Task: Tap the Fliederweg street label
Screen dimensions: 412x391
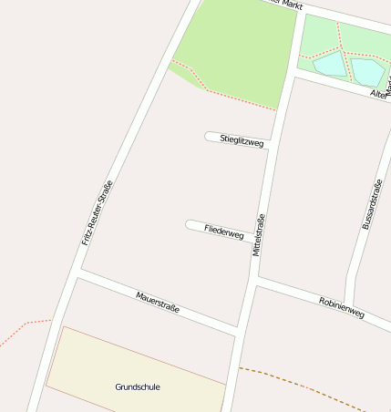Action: click(x=224, y=232)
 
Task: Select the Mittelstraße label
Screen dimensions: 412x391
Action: click(x=258, y=234)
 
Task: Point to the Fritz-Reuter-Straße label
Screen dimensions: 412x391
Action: click(x=97, y=212)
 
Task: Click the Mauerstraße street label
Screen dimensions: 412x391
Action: click(x=158, y=302)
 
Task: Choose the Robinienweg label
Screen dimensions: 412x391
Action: click(x=342, y=307)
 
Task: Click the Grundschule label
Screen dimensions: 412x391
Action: click(x=138, y=386)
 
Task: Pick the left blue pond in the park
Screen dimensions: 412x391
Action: click(x=330, y=64)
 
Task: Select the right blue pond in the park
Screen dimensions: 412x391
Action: click(x=367, y=71)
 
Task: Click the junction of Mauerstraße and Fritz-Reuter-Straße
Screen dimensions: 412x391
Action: click(x=80, y=271)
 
